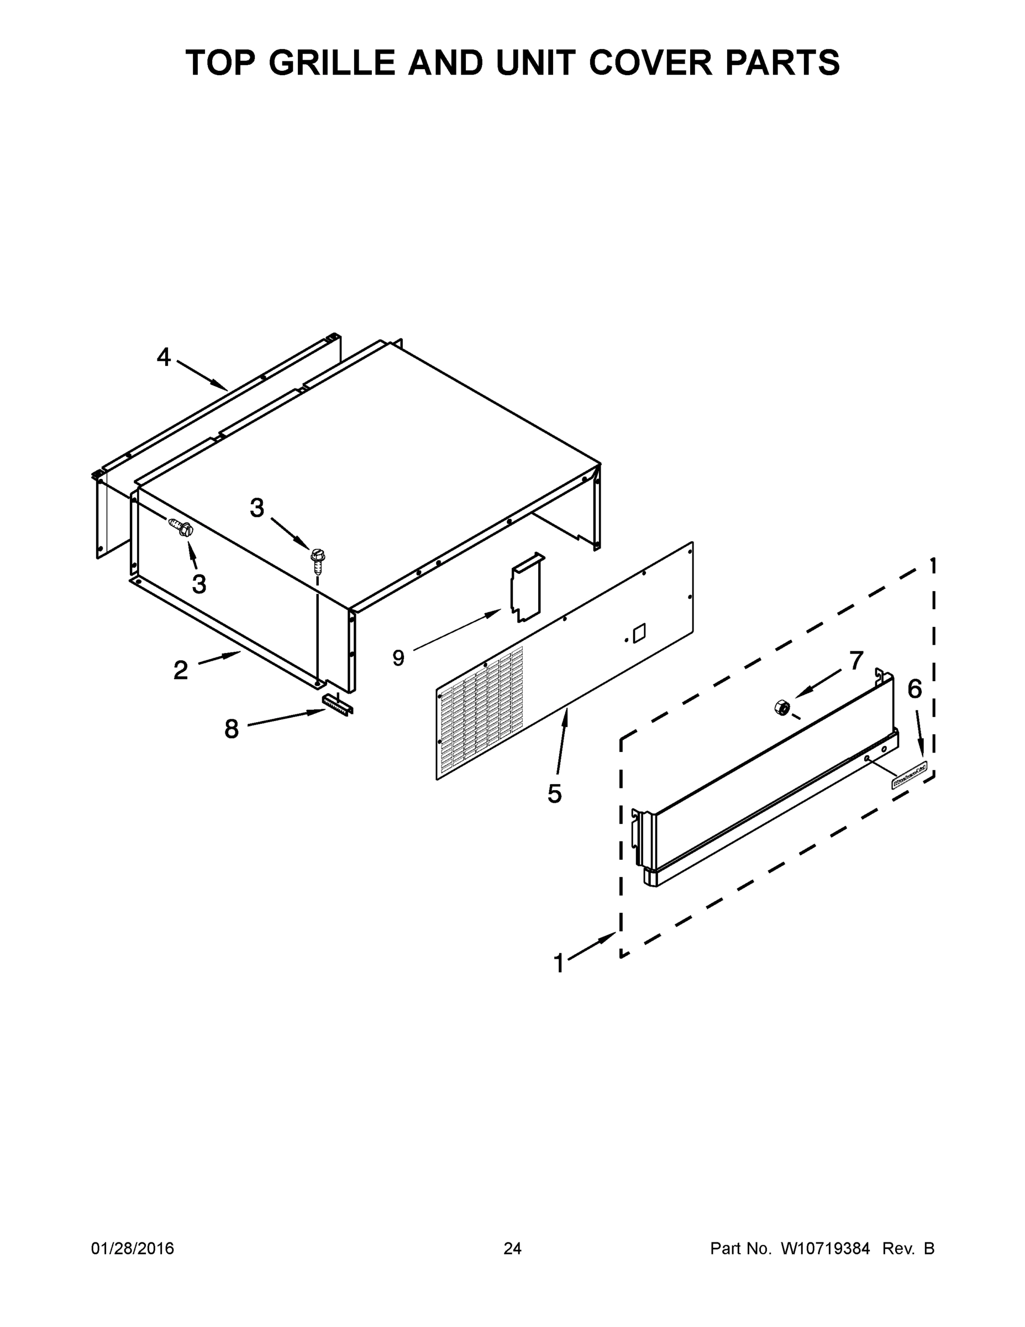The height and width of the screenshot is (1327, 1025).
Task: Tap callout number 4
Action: (x=164, y=357)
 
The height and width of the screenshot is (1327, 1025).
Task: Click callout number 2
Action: (x=180, y=671)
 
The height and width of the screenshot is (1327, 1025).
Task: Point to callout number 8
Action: (x=232, y=729)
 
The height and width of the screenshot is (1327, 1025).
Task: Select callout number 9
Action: (x=398, y=657)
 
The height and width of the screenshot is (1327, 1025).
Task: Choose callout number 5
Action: (x=554, y=793)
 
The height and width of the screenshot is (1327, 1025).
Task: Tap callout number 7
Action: (x=856, y=661)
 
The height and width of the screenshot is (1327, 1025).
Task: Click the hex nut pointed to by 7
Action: (x=781, y=707)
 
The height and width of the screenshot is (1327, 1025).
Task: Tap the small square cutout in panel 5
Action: (x=639, y=634)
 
